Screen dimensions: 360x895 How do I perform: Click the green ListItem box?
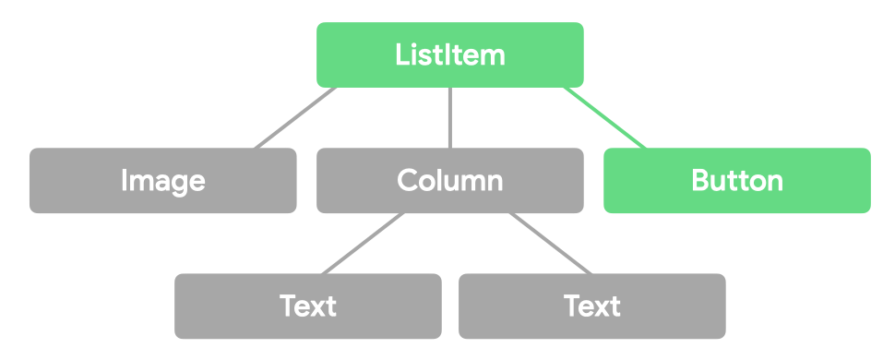tap(450, 54)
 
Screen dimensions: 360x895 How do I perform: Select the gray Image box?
tap(163, 180)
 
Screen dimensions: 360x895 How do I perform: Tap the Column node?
tap(450, 180)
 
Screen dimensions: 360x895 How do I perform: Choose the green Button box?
tap(737, 180)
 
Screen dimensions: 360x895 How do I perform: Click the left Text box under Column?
tap(308, 306)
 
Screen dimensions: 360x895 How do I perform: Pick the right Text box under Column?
tap(592, 306)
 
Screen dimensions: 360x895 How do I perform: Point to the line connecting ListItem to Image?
tap(295, 118)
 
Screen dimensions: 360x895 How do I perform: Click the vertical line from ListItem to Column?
tap(450, 118)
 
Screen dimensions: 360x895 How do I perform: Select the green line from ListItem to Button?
tap(605, 118)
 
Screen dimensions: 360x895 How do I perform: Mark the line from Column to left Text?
tap(363, 244)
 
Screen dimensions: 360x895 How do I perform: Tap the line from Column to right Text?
tap(549, 244)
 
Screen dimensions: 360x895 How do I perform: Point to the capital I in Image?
tap(125, 180)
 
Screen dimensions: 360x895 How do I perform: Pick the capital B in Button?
tap(699, 180)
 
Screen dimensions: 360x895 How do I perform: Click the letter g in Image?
tap(177, 183)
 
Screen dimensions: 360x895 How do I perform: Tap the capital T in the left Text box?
tap(288, 306)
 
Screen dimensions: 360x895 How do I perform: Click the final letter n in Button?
tap(775, 182)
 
